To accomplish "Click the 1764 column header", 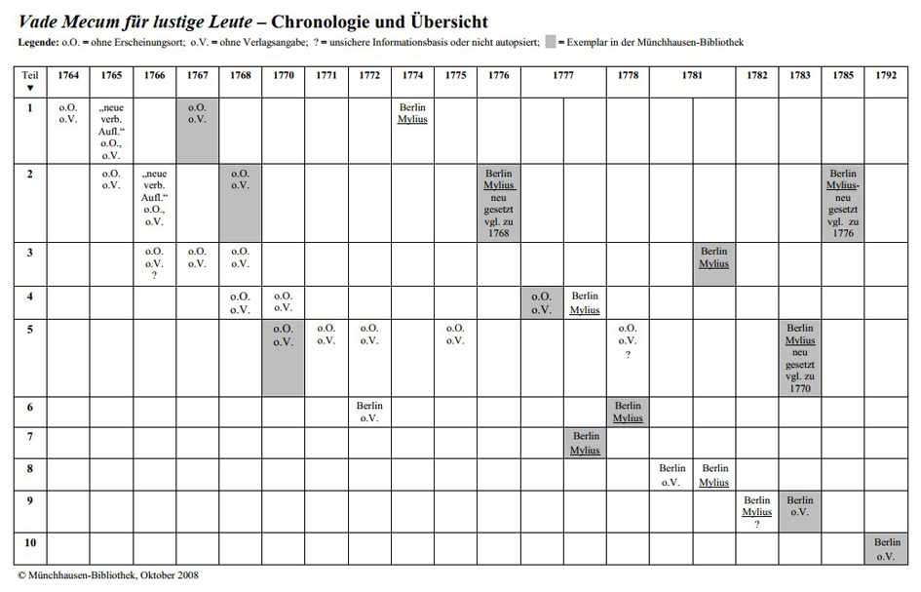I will [x=68, y=76].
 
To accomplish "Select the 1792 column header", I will [x=886, y=76].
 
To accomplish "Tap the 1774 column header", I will [x=412, y=76].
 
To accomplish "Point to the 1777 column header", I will [x=563, y=76].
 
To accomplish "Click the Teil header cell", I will [x=30, y=81].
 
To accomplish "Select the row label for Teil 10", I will [x=30, y=542].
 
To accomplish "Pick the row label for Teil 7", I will [x=30, y=436].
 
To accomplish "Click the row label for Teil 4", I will [x=30, y=296].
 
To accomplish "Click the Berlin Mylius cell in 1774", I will [x=412, y=113].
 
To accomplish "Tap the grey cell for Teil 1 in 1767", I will [x=198, y=130].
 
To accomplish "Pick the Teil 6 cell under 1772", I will [x=369, y=412].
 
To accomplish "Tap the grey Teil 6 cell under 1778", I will [x=628, y=412].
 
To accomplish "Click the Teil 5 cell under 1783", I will [x=800, y=359].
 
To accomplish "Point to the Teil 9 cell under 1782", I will [x=756, y=512].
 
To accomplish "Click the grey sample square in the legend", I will [x=551, y=42].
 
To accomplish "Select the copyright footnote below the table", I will [x=108, y=575].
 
